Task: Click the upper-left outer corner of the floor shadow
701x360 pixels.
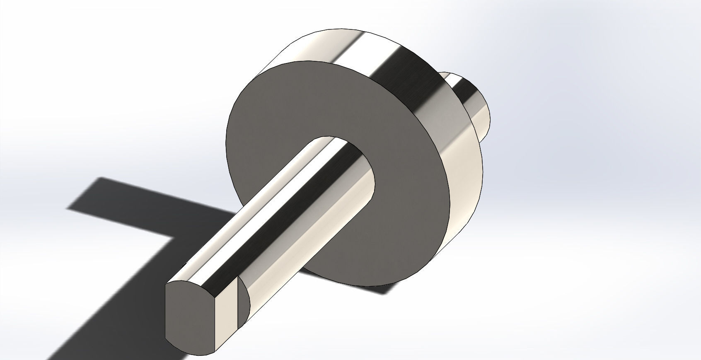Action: [x=99, y=178]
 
